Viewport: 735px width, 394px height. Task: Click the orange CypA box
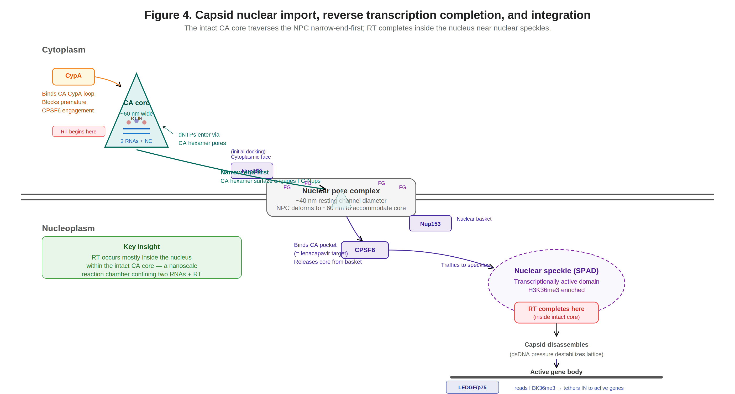[x=73, y=76]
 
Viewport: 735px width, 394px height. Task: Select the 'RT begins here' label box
[x=78, y=132]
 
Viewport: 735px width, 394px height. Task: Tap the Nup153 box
[x=430, y=224]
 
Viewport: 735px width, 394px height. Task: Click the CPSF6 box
[x=365, y=250]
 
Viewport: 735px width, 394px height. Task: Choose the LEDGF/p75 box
[x=472, y=387]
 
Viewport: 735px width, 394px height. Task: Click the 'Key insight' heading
[x=141, y=247]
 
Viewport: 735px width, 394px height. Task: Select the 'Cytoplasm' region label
[x=64, y=50]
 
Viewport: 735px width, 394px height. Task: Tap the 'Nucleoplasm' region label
[x=68, y=229]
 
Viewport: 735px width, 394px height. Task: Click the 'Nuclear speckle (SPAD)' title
[x=556, y=271]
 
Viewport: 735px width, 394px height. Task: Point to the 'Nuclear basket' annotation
[x=474, y=219]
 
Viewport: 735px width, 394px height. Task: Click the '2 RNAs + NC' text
[x=136, y=141]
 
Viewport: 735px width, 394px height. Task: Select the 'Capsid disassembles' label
[x=556, y=345]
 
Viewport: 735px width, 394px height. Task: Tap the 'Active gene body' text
[x=556, y=372]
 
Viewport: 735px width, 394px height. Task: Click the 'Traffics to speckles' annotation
[x=465, y=265]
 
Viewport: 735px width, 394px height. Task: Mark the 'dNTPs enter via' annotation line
[x=199, y=135]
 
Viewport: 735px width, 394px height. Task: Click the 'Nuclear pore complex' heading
[x=341, y=191]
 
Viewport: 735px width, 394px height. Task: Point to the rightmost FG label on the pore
[x=402, y=187]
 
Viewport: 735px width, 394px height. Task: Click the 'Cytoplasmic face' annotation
[x=250, y=157]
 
